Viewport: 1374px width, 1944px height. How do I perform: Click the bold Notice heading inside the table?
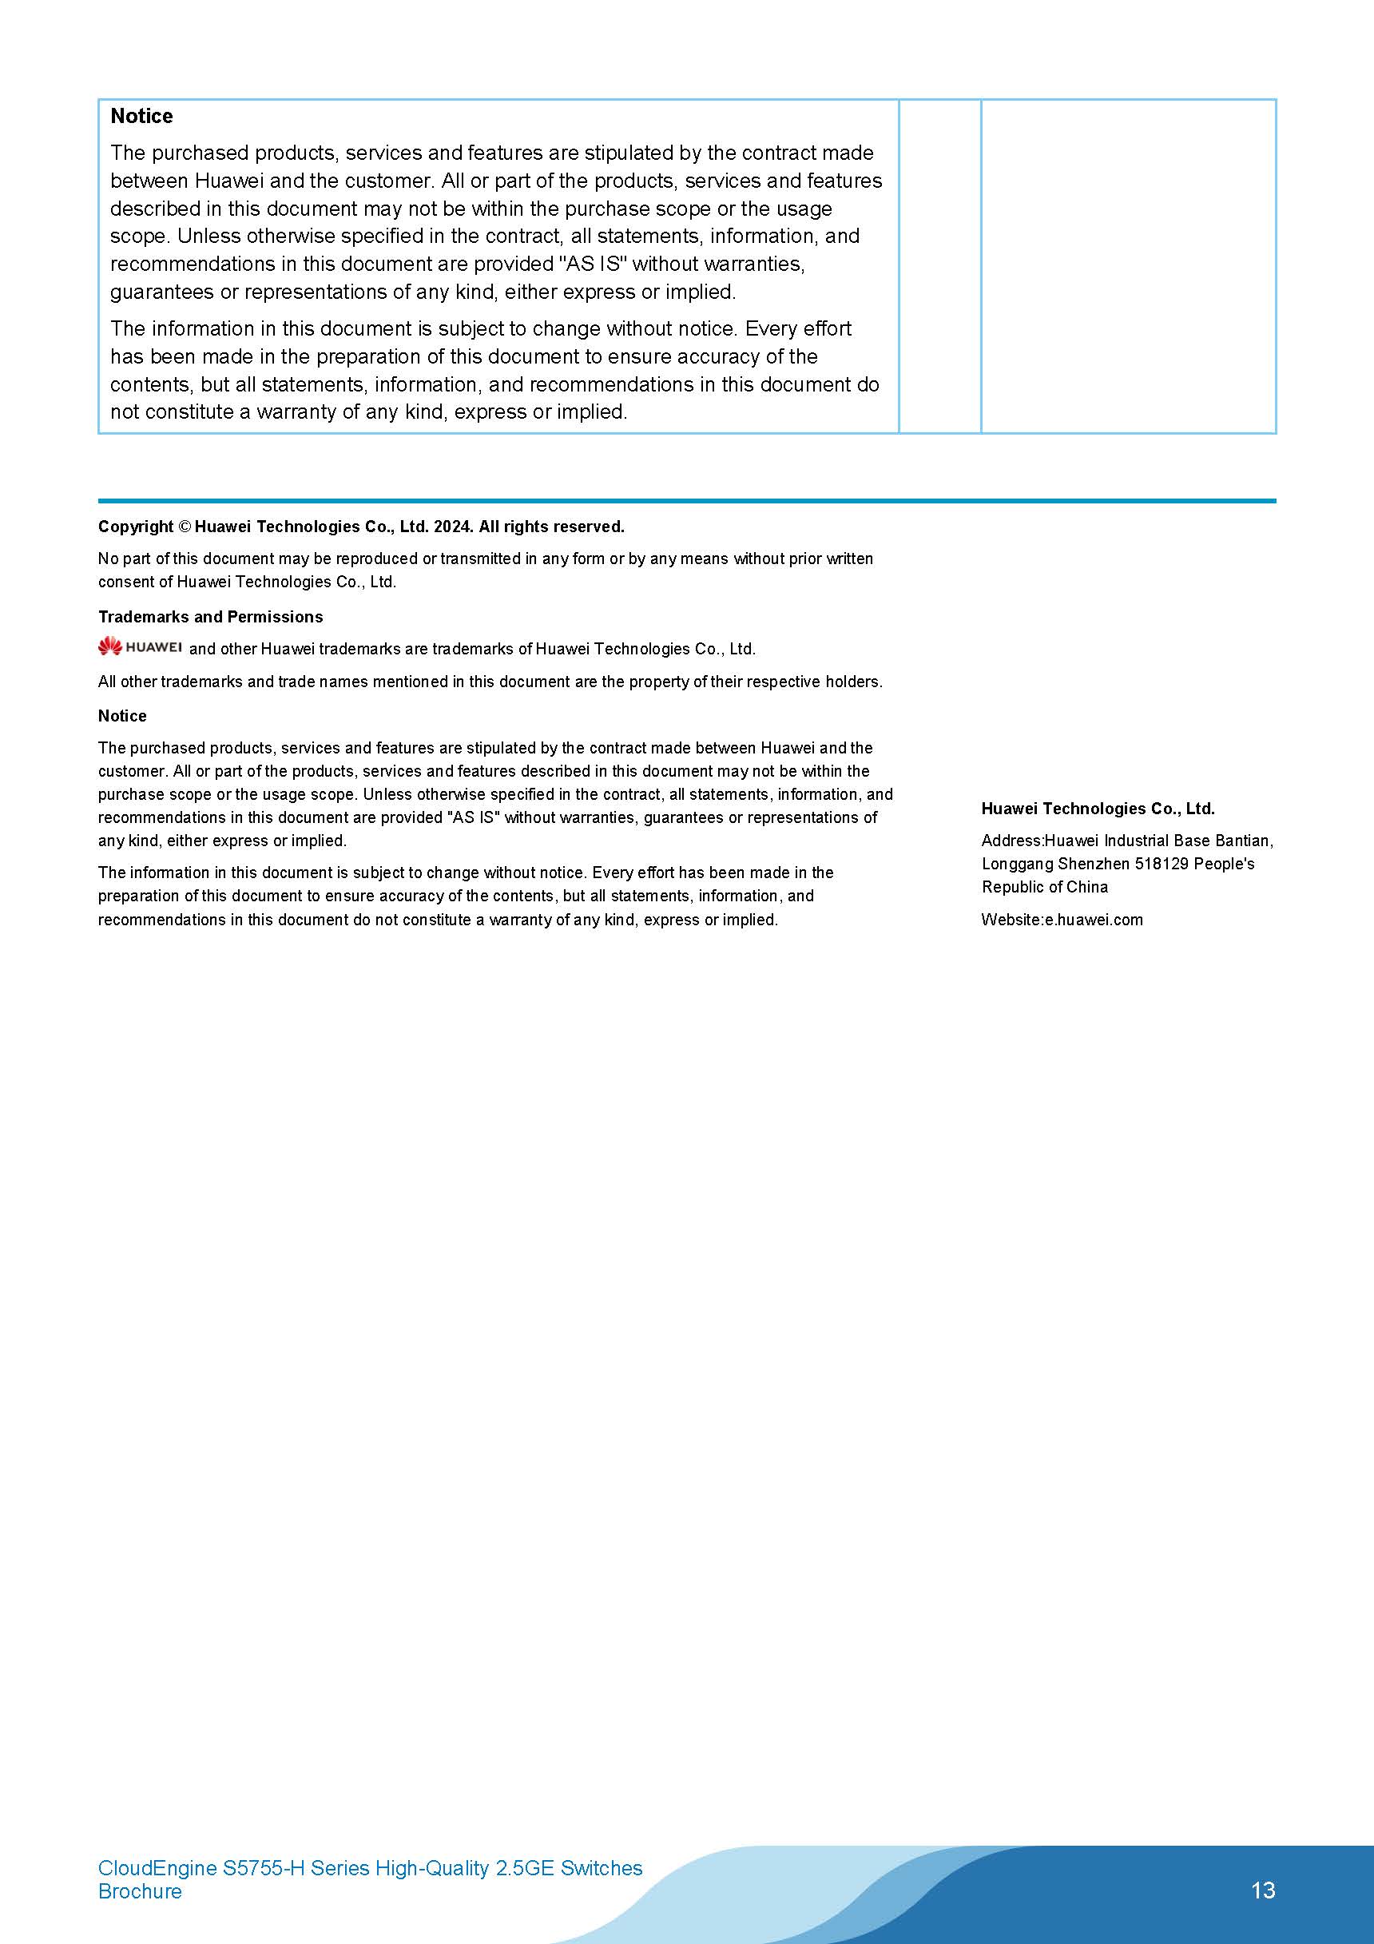coord(141,116)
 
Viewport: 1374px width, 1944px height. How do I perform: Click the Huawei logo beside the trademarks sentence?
coord(140,648)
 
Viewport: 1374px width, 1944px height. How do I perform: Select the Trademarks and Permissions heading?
coord(210,616)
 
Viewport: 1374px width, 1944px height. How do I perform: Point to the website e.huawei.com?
coord(1093,920)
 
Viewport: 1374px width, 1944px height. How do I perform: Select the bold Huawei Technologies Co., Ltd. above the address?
coord(1097,809)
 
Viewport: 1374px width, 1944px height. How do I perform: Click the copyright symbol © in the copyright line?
coord(185,527)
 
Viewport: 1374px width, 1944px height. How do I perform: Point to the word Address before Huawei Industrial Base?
coord(1011,841)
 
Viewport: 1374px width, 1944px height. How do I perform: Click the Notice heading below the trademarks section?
coord(122,715)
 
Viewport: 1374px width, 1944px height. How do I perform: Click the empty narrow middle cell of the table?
coord(939,266)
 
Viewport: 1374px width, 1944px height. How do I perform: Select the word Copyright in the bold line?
coord(136,527)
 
